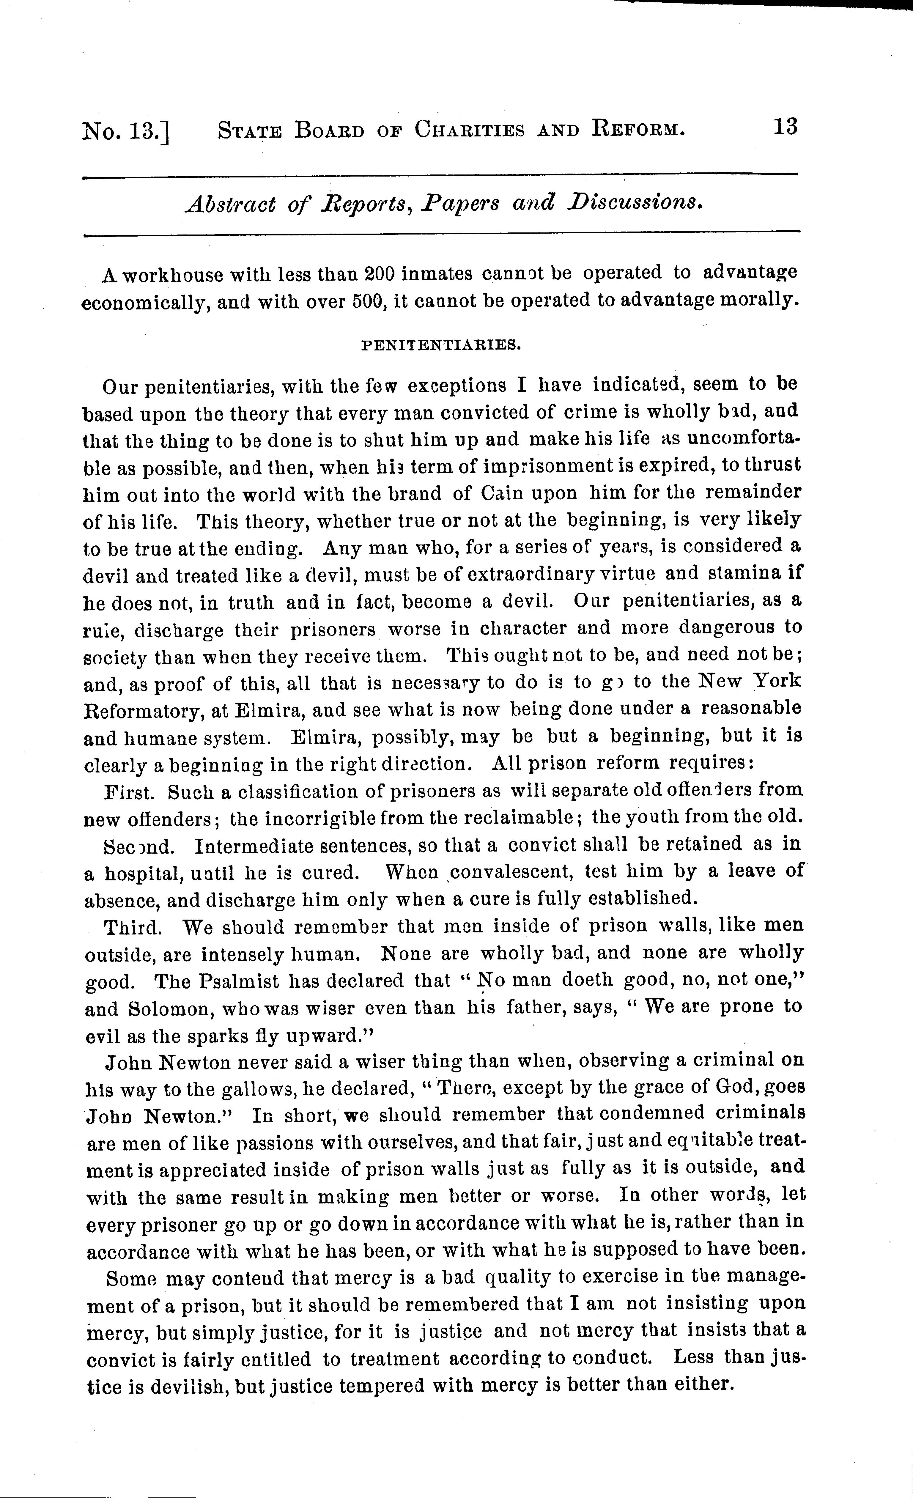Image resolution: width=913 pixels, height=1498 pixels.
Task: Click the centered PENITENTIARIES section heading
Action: coord(441,345)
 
